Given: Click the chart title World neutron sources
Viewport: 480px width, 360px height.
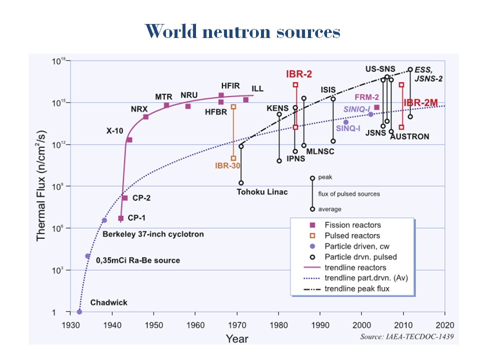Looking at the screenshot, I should click(244, 32).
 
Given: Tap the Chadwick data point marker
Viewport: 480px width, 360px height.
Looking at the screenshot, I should click(79, 312).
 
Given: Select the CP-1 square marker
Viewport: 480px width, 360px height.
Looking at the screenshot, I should click(121, 218).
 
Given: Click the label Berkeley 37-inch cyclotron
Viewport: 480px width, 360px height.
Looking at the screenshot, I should click(153, 234).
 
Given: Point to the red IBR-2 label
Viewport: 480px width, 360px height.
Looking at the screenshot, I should click(299, 74).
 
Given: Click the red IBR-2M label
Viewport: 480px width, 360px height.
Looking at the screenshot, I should click(421, 103).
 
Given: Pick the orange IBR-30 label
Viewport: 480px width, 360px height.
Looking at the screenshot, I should click(228, 165).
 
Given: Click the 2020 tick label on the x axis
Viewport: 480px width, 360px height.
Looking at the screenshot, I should click(444, 323).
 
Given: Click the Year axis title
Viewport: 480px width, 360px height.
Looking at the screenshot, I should click(236, 339).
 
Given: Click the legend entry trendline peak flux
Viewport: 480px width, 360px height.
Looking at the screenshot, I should click(357, 289).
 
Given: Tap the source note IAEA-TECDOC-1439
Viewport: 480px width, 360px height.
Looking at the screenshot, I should click(407, 337).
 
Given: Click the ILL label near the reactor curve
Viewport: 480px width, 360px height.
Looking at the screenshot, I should click(257, 88).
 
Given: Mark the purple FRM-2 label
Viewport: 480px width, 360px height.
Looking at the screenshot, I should click(366, 97).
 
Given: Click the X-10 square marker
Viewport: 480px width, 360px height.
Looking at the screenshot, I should click(129, 139).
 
